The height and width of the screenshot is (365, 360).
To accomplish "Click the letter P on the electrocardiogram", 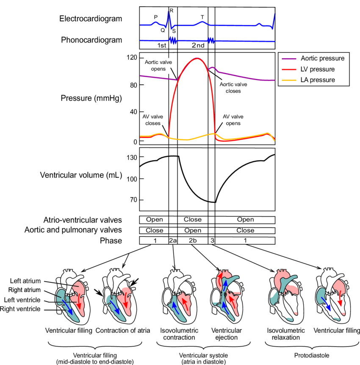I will tap(156, 17).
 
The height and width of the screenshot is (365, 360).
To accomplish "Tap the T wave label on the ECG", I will tap(202, 17).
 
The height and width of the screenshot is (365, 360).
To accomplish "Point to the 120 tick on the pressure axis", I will tap(131, 58).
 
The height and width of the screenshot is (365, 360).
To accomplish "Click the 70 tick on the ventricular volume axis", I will tap(131, 200).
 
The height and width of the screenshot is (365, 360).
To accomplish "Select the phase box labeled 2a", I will tap(173, 241).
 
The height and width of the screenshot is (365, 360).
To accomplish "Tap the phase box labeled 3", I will tap(212, 241).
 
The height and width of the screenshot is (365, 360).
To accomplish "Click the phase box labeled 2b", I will tap(192, 241).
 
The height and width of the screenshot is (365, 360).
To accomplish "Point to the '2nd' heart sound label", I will tap(198, 45).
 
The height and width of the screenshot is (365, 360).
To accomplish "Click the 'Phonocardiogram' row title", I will tap(91, 40).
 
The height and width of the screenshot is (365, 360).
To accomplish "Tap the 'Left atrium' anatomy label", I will tap(26, 281).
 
